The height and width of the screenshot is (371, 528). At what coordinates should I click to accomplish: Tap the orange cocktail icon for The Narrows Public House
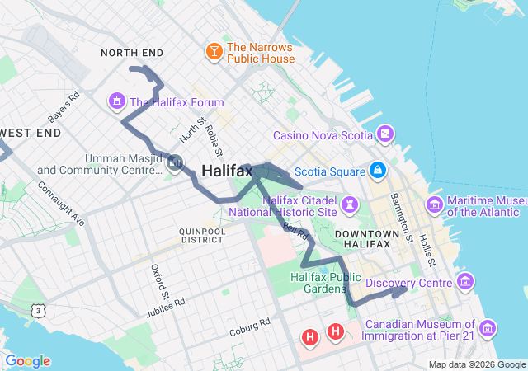214,53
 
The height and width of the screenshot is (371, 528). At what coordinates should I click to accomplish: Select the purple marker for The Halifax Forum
116,102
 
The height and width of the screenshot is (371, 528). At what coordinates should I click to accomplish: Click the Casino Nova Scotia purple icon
386,134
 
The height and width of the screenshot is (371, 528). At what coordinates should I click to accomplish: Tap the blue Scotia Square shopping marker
377,171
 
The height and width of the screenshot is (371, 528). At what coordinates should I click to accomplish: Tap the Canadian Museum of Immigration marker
487,330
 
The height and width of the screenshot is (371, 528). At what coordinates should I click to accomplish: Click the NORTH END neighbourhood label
132,53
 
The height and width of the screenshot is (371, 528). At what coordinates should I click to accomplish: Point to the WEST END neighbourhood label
31,132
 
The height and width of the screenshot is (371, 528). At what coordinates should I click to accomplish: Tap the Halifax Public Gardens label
326,283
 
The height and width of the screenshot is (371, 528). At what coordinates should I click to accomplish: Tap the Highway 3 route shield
38,310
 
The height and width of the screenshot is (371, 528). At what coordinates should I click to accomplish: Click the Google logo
27,361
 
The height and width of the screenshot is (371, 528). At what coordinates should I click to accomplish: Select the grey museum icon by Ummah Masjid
174,163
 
